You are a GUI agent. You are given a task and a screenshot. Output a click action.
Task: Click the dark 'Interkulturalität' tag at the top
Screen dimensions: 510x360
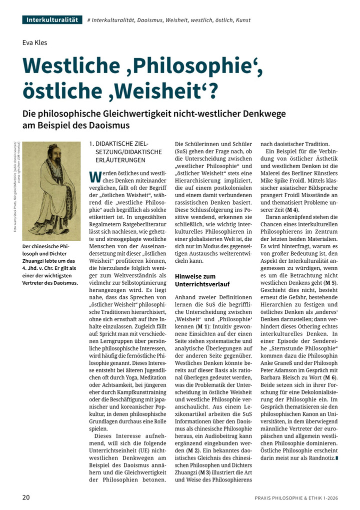[52, 20]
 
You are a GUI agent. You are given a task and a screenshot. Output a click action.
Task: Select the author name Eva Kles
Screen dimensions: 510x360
[34, 43]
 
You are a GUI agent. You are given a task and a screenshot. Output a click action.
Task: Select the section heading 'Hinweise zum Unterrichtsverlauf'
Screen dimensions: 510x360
[195, 280]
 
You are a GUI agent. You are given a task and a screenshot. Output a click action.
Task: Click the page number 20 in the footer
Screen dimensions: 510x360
[26, 497]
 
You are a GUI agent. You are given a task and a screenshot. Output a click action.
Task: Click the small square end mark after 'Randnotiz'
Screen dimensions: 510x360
[338, 457]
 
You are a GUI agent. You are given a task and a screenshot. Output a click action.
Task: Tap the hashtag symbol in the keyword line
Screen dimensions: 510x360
[88, 20]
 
